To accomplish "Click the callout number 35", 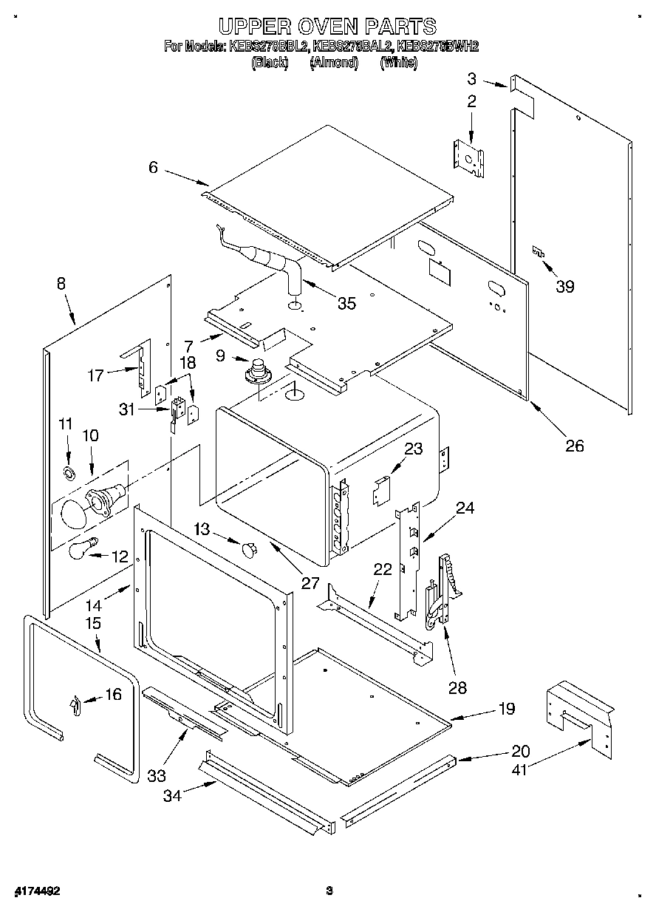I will tap(346, 303).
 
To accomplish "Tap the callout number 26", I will tap(574, 445).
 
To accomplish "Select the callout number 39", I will tap(565, 287).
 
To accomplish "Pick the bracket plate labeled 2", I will tap(468, 157).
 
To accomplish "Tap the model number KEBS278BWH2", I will tap(438, 47).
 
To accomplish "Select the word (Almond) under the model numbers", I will tap(334, 63).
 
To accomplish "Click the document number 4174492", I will tap(35, 891).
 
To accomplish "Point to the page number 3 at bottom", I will tap(330, 891).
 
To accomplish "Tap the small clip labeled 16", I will tap(74, 705).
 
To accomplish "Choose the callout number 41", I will tap(520, 769).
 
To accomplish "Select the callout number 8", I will tap(60, 283).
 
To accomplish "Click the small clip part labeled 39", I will tap(539, 252).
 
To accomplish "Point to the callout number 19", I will tap(506, 709).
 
